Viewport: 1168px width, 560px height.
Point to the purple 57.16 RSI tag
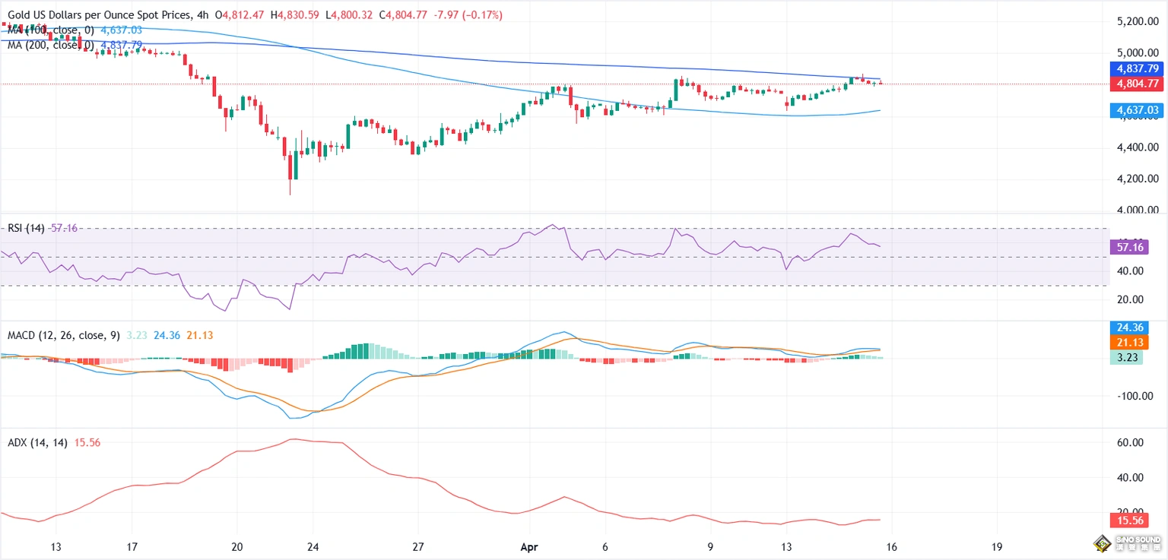(x=1128, y=247)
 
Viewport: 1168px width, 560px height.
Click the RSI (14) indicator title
(x=26, y=228)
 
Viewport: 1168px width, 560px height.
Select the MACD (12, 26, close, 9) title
(x=63, y=335)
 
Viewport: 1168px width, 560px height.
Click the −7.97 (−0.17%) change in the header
(x=471, y=15)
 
